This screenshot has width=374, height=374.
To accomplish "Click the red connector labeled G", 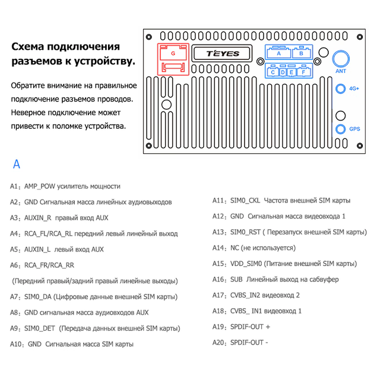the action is (173, 59).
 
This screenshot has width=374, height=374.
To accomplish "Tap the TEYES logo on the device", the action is (223, 53).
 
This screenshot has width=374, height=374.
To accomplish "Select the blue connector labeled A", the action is (278, 52).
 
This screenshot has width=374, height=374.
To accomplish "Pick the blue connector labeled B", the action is (302, 52).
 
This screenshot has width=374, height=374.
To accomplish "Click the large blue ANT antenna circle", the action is (341, 59).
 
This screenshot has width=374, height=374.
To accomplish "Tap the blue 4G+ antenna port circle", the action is (340, 88).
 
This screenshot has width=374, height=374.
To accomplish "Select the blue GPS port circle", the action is (340, 129).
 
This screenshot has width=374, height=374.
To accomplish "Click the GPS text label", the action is (354, 129).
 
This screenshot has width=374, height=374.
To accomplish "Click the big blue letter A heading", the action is (17, 164).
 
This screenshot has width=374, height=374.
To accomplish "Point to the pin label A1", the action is (14, 186).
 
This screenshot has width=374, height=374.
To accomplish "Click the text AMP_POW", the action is (40, 186).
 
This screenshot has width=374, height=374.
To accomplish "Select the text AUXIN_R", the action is (37, 218).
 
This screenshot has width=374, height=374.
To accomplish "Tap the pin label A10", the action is (15, 344).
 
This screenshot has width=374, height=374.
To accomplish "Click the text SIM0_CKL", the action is (245, 201).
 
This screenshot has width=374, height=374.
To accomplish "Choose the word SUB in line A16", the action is (236, 279).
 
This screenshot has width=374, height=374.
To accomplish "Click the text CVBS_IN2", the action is (245, 295).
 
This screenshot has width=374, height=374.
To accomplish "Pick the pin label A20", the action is (218, 343).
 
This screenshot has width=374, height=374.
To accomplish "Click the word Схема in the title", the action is (27, 46).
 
